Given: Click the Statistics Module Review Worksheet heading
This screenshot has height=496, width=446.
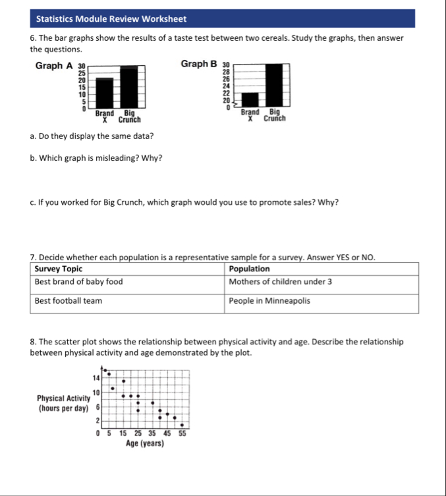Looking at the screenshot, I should [111, 19].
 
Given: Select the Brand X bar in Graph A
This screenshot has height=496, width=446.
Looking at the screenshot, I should [104, 92].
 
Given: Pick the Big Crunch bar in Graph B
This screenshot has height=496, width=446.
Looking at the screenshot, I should [273, 85].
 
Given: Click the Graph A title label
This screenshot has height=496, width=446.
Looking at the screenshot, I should [54, 65].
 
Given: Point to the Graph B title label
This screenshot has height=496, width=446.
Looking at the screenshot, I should [198, 64].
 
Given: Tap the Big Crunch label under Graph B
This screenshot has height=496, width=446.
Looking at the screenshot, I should [274, 116].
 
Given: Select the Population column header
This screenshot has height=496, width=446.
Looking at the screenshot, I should [249, 269].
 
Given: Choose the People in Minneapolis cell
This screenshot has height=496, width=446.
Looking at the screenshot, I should [269, 301].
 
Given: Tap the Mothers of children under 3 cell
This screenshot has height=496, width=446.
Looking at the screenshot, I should [280, 282].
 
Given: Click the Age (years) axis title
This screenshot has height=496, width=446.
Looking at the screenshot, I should [145, 443].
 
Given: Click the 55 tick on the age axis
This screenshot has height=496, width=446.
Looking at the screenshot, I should [182, 433].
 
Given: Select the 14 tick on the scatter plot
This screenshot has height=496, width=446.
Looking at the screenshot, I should [96, 377].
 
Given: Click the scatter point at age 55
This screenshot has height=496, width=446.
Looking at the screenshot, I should [182, 425].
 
